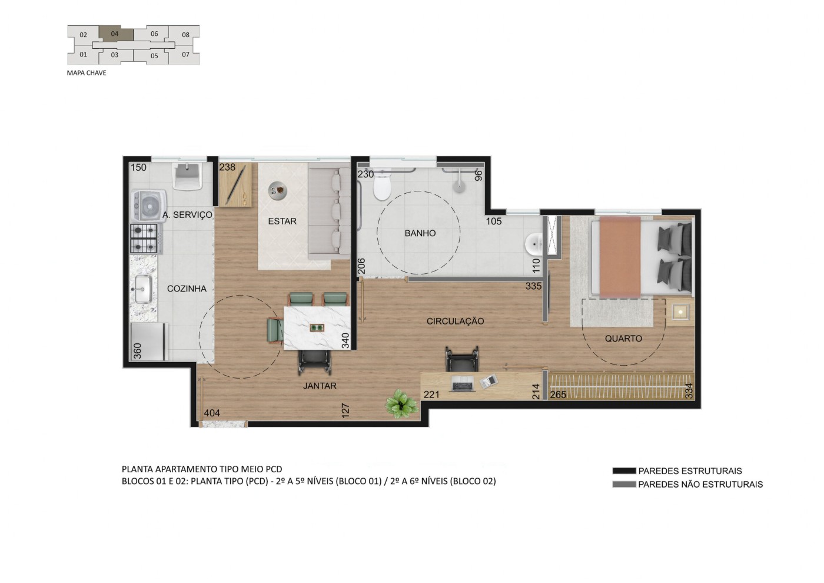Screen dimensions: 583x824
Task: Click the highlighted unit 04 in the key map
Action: (115, 34)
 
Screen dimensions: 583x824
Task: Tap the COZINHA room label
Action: (187, 289)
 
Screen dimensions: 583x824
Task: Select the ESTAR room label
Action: (282, 221)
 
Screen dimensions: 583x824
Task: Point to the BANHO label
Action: (420, 233)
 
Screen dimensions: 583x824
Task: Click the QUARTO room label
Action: (623, 339)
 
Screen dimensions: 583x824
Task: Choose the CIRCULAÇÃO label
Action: (455, 321)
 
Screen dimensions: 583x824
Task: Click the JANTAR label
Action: (320, 386)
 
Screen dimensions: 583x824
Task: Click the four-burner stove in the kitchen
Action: (144, 238)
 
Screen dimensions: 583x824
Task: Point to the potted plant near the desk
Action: (401, 405)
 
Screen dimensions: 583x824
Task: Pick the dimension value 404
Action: (212, 413)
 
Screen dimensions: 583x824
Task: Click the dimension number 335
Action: (533, 286)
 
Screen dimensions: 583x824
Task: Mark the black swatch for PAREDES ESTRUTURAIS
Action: (624, 471)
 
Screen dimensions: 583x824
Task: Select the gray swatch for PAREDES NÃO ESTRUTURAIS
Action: (624, 484)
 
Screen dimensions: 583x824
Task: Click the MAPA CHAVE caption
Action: (87, 73)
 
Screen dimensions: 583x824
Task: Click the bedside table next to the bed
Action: (680, 311)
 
